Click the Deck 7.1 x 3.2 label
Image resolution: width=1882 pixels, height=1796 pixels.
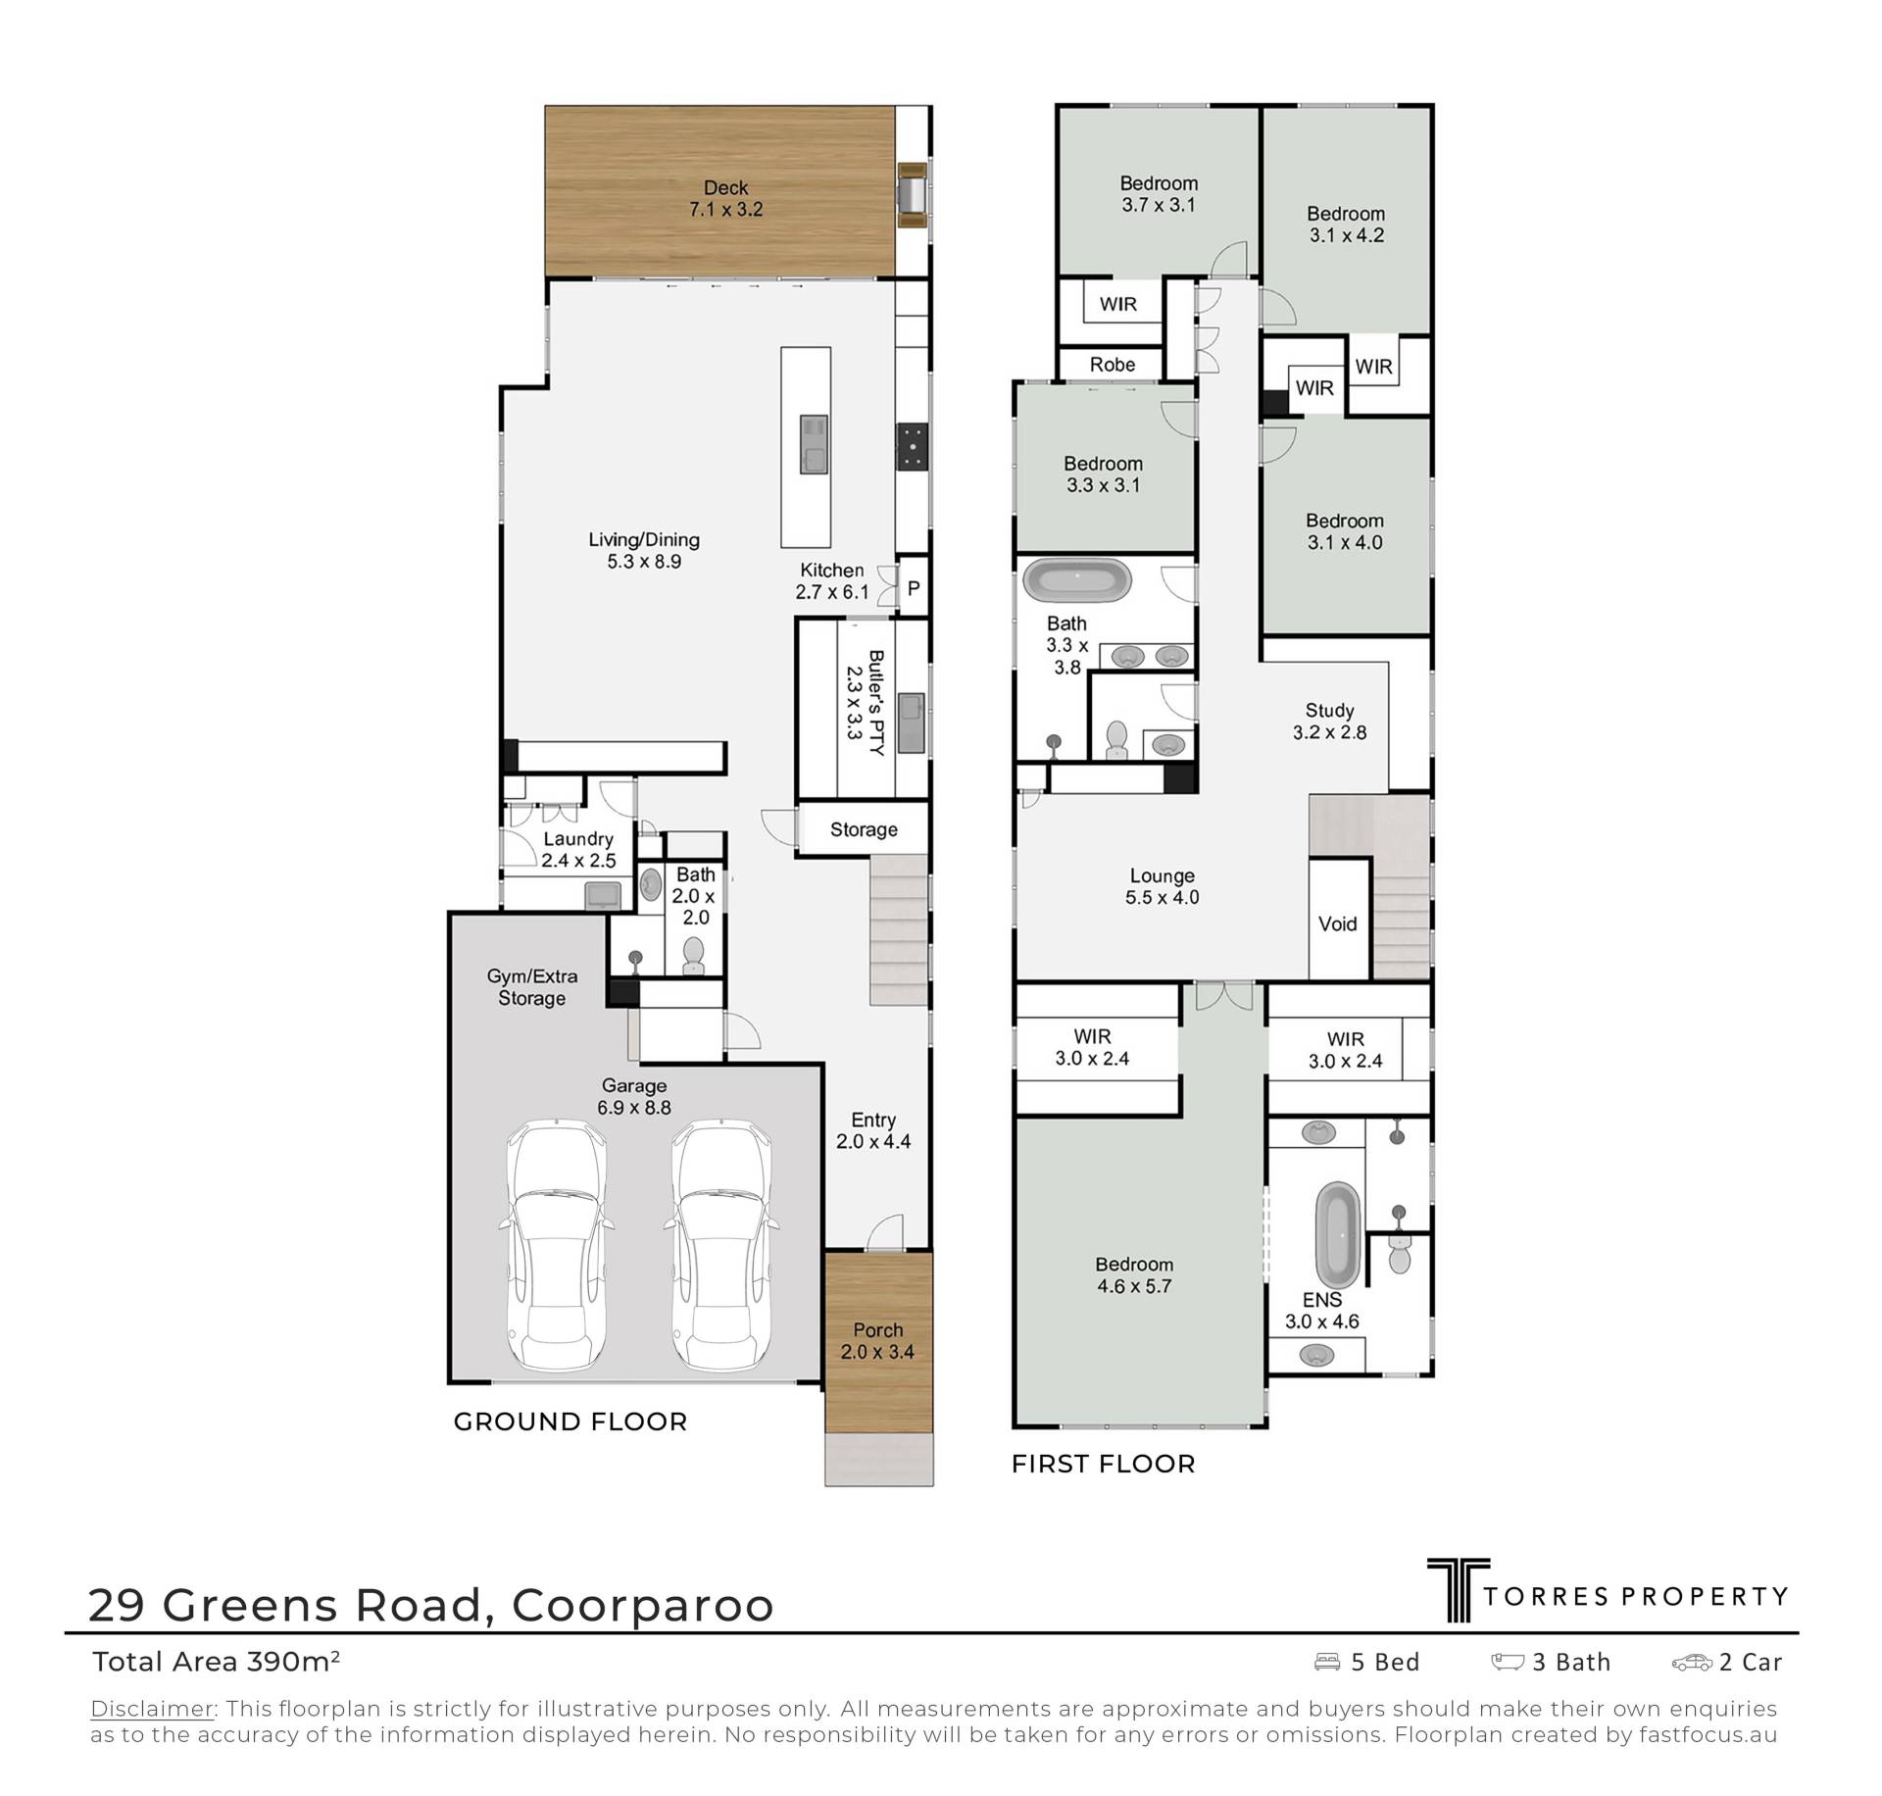(725, 198)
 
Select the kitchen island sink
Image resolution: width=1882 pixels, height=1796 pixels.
(814, 444)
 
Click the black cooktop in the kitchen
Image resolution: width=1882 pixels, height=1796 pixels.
(914, 447)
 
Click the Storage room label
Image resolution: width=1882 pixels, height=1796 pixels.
(864, 829)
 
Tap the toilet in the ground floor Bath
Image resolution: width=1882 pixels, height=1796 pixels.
(693, 956)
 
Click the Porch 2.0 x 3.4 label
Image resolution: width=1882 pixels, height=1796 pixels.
(877, 1341)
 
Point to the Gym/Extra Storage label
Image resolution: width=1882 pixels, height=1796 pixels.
(531, 987)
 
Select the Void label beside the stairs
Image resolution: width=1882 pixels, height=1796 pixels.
(1337, 923)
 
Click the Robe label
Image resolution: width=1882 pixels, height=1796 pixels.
(1113, 365)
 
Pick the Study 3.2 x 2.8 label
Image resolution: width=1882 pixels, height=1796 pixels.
(1329, 722)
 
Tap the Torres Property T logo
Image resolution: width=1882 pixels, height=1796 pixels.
(1459, 1617)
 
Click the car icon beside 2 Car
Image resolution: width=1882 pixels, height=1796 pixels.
(1692, 1662)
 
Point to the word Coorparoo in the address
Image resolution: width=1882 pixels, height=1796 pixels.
(643, 1606)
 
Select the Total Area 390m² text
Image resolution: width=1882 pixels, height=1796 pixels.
(216, 1662)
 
